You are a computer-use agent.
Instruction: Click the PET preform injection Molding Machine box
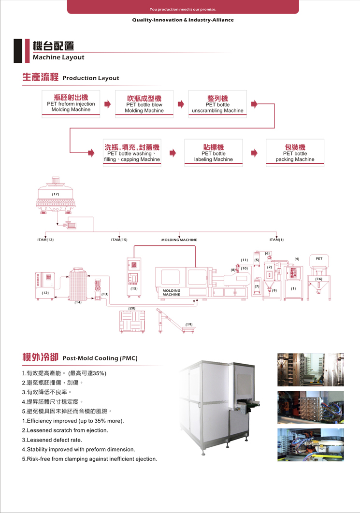[71, 104]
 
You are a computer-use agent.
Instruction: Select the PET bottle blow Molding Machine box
[144, 104]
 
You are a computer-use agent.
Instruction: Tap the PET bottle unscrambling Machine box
[217, 104]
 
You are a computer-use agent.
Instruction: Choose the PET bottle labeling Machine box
[214, 153]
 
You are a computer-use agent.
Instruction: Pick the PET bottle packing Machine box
[295, 153]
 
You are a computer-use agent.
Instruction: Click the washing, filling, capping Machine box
[132, 153]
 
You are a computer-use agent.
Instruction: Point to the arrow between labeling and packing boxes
[254, 153]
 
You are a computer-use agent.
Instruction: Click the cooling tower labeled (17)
[55, 195]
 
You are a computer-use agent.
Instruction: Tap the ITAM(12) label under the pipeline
[45, 240]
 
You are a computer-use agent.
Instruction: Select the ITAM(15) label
[119, 240]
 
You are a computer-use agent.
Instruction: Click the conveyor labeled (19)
[175, 321]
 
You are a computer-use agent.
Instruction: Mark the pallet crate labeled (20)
[132, 321]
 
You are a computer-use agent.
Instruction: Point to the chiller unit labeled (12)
[45, 285]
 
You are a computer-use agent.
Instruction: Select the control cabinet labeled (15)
[134, 277]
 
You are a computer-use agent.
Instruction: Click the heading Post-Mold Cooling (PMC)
[100, 358]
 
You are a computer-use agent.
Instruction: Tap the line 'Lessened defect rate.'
[52, 440]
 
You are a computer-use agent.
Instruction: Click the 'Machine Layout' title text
[58, 57]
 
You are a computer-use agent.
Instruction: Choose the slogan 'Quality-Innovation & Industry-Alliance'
[183, 20]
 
